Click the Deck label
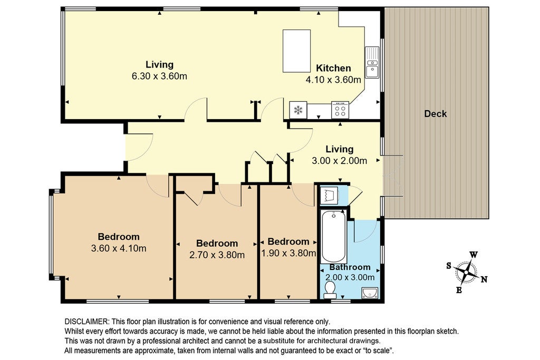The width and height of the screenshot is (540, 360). (x=435, y=113)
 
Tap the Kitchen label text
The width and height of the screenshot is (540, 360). (x=333, y=68)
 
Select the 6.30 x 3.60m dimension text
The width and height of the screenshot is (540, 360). (x=159, y=76)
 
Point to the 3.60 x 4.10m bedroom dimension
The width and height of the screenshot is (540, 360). (x=119, y=248)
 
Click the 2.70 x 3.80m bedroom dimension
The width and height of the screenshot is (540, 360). (x=217, y=255)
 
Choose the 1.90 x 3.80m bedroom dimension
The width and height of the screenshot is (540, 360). (x=288, y=254)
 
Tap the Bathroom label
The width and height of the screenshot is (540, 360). (x=350, y=267)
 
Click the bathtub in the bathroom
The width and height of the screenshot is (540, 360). (x=333, y=237)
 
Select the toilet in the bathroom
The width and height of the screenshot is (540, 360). (x=330, y=290)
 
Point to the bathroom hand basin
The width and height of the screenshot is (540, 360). (x=370, y=293)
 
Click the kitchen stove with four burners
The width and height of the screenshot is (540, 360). (x=340, y=110)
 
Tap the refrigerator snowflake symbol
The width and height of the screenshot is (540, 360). (x=298, y=110)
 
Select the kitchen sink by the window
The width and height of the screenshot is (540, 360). (x=372, y=62)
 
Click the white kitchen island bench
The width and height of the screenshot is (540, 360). (x=296, y=51)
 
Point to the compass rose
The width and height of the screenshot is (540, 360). (x=466, y=272)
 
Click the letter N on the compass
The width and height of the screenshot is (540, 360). (x=484, y=279)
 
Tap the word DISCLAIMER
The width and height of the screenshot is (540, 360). (x=86, y=322)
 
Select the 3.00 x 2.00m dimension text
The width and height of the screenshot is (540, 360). (x=340, y=161)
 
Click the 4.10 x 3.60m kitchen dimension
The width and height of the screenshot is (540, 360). (x=333, y=80)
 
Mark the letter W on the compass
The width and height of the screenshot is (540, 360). (x=474, y=255)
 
